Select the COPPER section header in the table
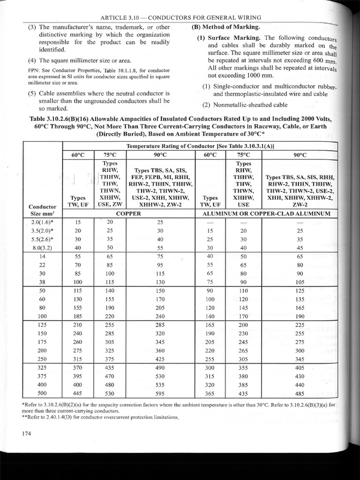click(128, 213)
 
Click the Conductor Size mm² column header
click(43, 210)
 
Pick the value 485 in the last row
click(300, 394)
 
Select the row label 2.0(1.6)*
click(43, 222)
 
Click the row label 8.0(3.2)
click(43, 247)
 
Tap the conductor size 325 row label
click(43, 368)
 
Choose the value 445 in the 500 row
click(78, 394)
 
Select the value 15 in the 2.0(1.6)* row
click(78, 222)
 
